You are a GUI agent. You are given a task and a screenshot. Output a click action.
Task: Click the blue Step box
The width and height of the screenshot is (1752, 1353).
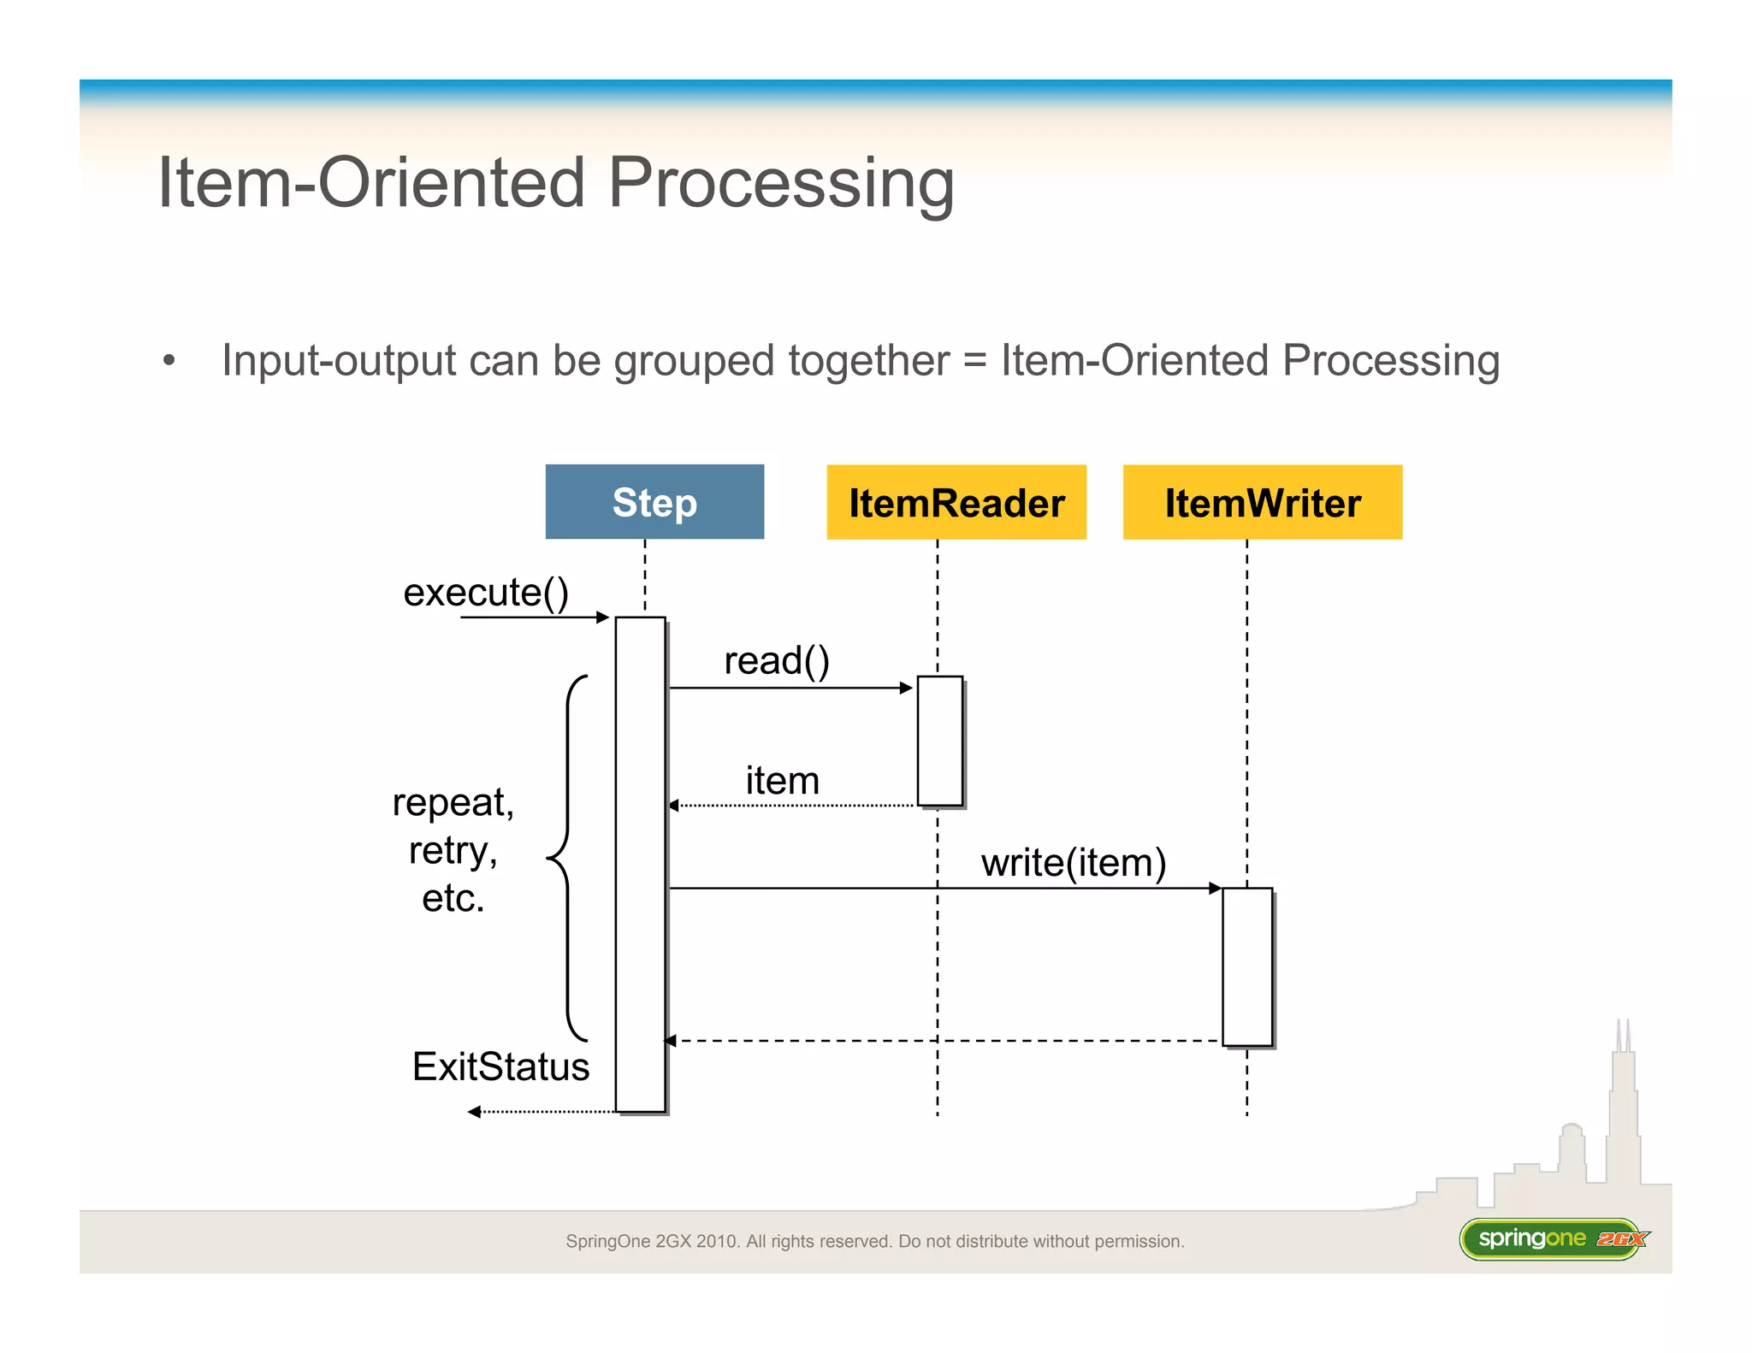point(654,502)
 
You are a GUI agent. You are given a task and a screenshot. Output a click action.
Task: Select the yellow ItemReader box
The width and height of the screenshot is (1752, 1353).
point(956,502)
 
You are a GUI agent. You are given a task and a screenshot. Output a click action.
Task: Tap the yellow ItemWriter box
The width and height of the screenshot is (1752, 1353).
point(1262,502)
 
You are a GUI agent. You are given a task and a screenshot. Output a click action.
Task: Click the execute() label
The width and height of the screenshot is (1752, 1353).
point(486,593)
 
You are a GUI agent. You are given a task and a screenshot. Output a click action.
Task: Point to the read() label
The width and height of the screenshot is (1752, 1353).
point(777,661)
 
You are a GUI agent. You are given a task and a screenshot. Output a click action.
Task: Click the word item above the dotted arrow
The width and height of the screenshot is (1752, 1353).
point(782,781)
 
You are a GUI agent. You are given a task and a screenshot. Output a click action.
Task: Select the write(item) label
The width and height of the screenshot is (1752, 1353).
point(1074,863)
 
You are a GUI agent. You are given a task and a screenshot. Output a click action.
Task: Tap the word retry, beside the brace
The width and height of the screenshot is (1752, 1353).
point(453,851)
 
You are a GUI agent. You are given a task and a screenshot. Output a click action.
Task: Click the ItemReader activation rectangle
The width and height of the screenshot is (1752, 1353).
point(940,741)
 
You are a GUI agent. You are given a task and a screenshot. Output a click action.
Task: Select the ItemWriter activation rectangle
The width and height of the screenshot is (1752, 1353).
point(1247,966)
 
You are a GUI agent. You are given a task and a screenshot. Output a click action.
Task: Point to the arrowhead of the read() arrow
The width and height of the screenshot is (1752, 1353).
point(907,688)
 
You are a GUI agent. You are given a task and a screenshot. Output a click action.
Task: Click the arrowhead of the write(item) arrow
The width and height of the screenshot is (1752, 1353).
point(1215,889)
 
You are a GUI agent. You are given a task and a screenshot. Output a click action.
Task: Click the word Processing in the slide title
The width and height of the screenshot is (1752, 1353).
point(780,183)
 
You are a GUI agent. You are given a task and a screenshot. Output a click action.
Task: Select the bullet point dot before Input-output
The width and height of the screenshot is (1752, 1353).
point(169,361)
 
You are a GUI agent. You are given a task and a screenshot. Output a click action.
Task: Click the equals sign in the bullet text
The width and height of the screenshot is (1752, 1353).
point(974,361)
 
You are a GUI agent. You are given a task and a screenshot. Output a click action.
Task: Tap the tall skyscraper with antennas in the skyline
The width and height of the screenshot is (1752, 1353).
point(1623,1112)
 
